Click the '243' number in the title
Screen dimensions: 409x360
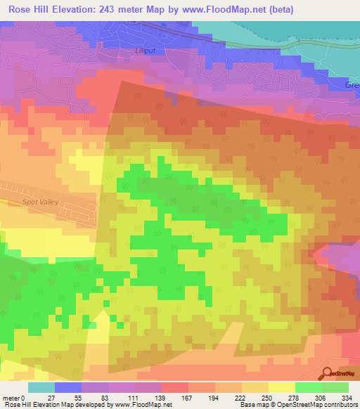pyautogui.click(x=112, y=9)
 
